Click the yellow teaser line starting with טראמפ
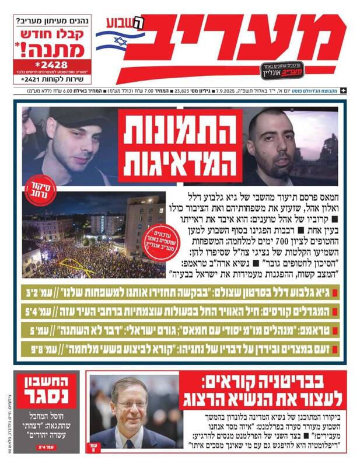(x=186, y=331)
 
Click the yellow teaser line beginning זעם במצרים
(x=186, y=350)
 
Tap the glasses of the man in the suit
(x=130, y=405)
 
